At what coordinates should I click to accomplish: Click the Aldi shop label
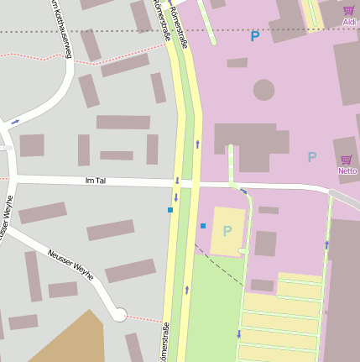tap(349, 22)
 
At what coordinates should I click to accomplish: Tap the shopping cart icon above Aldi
tap(348, 11)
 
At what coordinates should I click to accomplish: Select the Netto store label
tap(347, 171)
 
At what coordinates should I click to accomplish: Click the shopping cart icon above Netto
tap(346, 160)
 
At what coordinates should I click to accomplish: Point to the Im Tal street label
tap(96, 181)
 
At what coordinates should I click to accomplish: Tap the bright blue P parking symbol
tap(255, 36)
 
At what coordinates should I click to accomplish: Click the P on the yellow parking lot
tap(227, 231)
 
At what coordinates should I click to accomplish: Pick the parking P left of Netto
tap(312, 157)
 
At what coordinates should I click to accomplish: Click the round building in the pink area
tap(263, 89)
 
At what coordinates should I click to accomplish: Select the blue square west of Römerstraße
tap(170, 210)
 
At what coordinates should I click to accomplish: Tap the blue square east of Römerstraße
tap(202, 226)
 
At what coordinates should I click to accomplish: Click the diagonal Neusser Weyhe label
tap(70, 264)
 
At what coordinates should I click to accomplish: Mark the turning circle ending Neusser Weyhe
tap(119, 315)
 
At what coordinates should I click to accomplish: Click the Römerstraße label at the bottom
tap(165, 343)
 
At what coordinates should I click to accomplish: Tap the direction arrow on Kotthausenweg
tap(15, 123)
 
